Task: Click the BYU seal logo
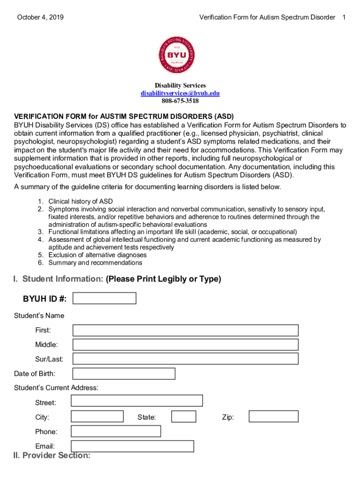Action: pyautogui.click(x=180, y=55)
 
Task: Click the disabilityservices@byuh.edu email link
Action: pyautogui.click(x=180, y=93)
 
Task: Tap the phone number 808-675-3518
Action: pyautogui.click(x=180, y=101)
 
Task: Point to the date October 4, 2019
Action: pyautogui.click(x=41, y=17)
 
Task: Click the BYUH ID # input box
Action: pyautogui.click(x=104, y=298)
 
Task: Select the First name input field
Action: pyautogui.click(x=185, y=330)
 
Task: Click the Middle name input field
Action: pyautogui.click(x=185, y=345)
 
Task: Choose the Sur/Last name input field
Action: pyautogui.click(x=185, y=359)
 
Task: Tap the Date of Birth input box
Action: pyautogui.click(x=124, y=374)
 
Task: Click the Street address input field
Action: pyautogui.click(x=137, y=401)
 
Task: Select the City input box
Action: pyautogui.click(x=97, y=416)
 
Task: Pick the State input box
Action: pyautogui.click(x=184, y=416)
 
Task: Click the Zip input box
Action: pyautogui.click(x=274, y=416)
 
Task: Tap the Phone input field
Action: pyautogui.click(x=115, y=431)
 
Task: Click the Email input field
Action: pyautogui.click(x=132, y=446)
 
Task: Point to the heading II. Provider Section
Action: pyautogui.click(x=52, y=456)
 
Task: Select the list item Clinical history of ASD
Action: pyautogui.click(x=80, y=202)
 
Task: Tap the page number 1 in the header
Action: pyautogui.click(x=344, y=17)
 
